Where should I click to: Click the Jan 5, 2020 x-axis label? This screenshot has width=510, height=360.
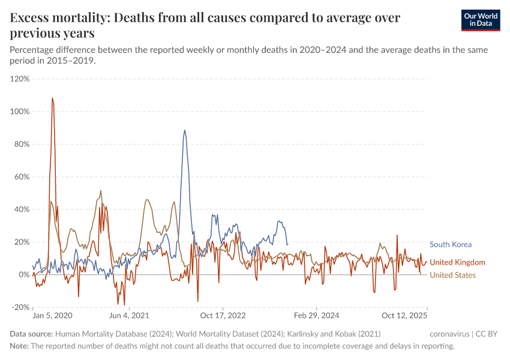(52, 315)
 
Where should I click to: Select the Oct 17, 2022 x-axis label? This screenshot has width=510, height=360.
(223, 315)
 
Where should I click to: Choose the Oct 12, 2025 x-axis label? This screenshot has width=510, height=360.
(404, 315)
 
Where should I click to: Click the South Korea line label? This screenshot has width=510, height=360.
(450, 244)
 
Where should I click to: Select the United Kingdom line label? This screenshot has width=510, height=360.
(457, 262)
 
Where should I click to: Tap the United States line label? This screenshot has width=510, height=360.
(452, 275)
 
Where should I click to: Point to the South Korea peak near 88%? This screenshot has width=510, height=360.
(185, 130)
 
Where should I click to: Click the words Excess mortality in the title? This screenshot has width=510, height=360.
(57, 18)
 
